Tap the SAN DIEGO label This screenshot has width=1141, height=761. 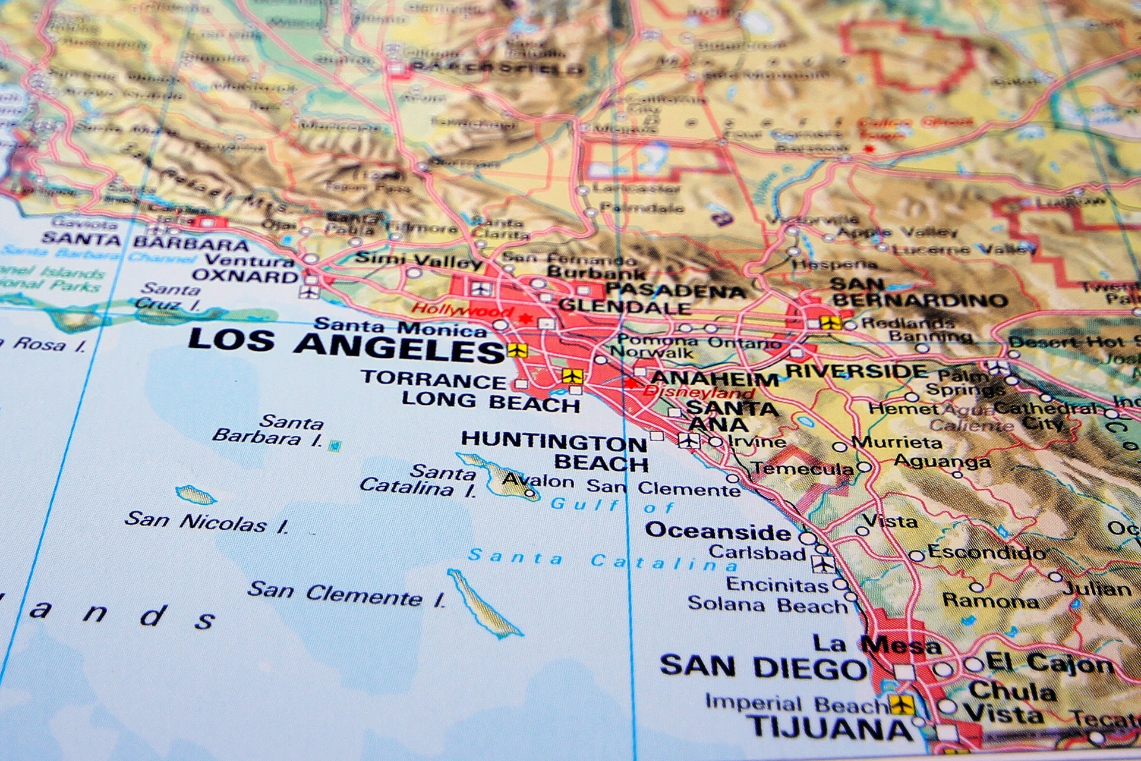763,667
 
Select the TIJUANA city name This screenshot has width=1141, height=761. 830,728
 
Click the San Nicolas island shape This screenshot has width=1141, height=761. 194,495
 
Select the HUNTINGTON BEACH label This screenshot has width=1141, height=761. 555,451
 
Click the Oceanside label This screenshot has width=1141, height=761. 718,530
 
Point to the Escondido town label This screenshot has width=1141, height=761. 987,552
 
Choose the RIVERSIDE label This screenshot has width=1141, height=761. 856,372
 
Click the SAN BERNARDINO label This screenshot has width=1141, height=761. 918,293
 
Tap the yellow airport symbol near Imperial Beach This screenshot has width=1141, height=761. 902,705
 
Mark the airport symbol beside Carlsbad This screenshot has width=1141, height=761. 824,564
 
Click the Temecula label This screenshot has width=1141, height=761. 803,468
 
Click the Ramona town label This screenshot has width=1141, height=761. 991,600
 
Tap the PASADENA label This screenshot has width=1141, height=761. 676,291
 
